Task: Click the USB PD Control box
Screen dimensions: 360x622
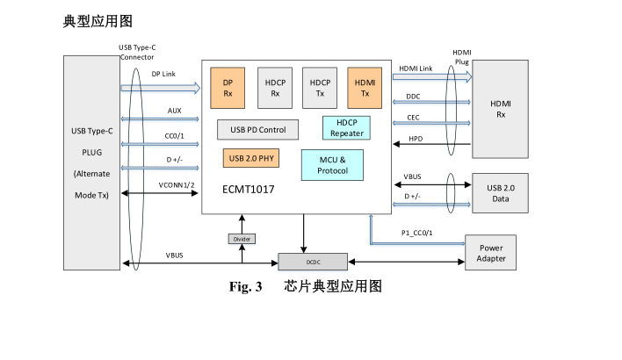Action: (258, 130)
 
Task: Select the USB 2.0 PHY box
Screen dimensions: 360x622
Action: (250, 159)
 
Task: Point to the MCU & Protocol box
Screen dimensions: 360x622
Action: (332, 164)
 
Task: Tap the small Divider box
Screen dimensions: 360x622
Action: (242, 238)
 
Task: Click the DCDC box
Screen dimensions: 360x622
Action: (313, 261)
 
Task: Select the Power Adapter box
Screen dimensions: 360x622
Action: (491, 252)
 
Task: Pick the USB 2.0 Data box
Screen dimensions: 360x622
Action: (501, 192)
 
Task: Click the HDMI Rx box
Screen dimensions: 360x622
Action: (501, 109)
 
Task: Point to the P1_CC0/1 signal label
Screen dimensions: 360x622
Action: (417, 233)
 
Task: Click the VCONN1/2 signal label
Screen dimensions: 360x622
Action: (176, 185)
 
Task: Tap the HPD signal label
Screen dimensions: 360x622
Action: (416, 138)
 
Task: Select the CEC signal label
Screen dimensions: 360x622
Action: (413, 117)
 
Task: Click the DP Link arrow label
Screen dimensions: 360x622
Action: (163, 74)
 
